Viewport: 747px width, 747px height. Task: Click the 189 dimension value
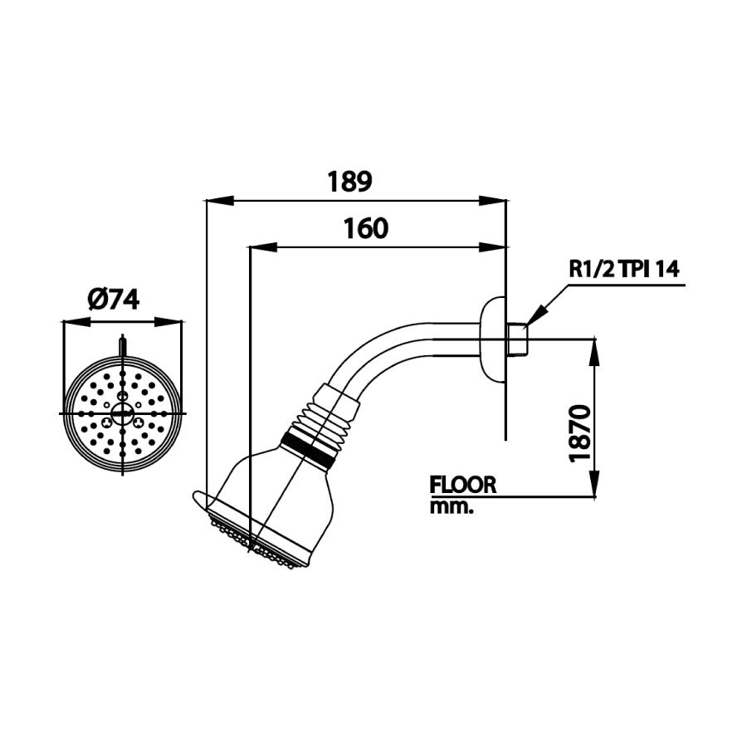(350, 181)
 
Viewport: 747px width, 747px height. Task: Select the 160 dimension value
(365, 228)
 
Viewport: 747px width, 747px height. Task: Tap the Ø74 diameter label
(114, 300)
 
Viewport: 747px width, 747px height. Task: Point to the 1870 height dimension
(580, 432)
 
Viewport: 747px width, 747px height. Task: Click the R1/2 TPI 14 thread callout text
(624, 269)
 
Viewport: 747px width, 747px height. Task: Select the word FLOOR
(462, 485)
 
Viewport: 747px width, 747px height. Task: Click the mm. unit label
(451, 507)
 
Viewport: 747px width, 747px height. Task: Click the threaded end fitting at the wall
(516, 338)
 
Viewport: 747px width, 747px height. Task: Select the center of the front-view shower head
(123, 413)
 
